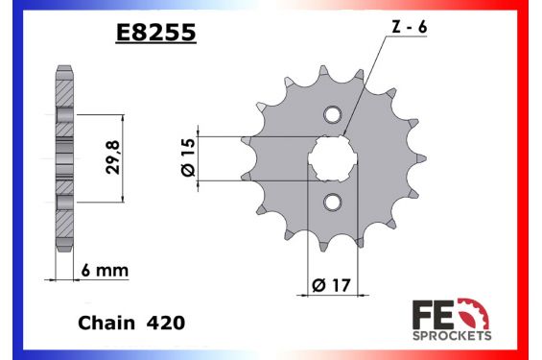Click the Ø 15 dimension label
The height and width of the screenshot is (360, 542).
pos(189,156)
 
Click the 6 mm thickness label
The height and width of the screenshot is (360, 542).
pos(106,273)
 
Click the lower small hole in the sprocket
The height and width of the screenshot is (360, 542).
pos(332,203)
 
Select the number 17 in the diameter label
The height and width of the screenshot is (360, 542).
pos(341,282)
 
